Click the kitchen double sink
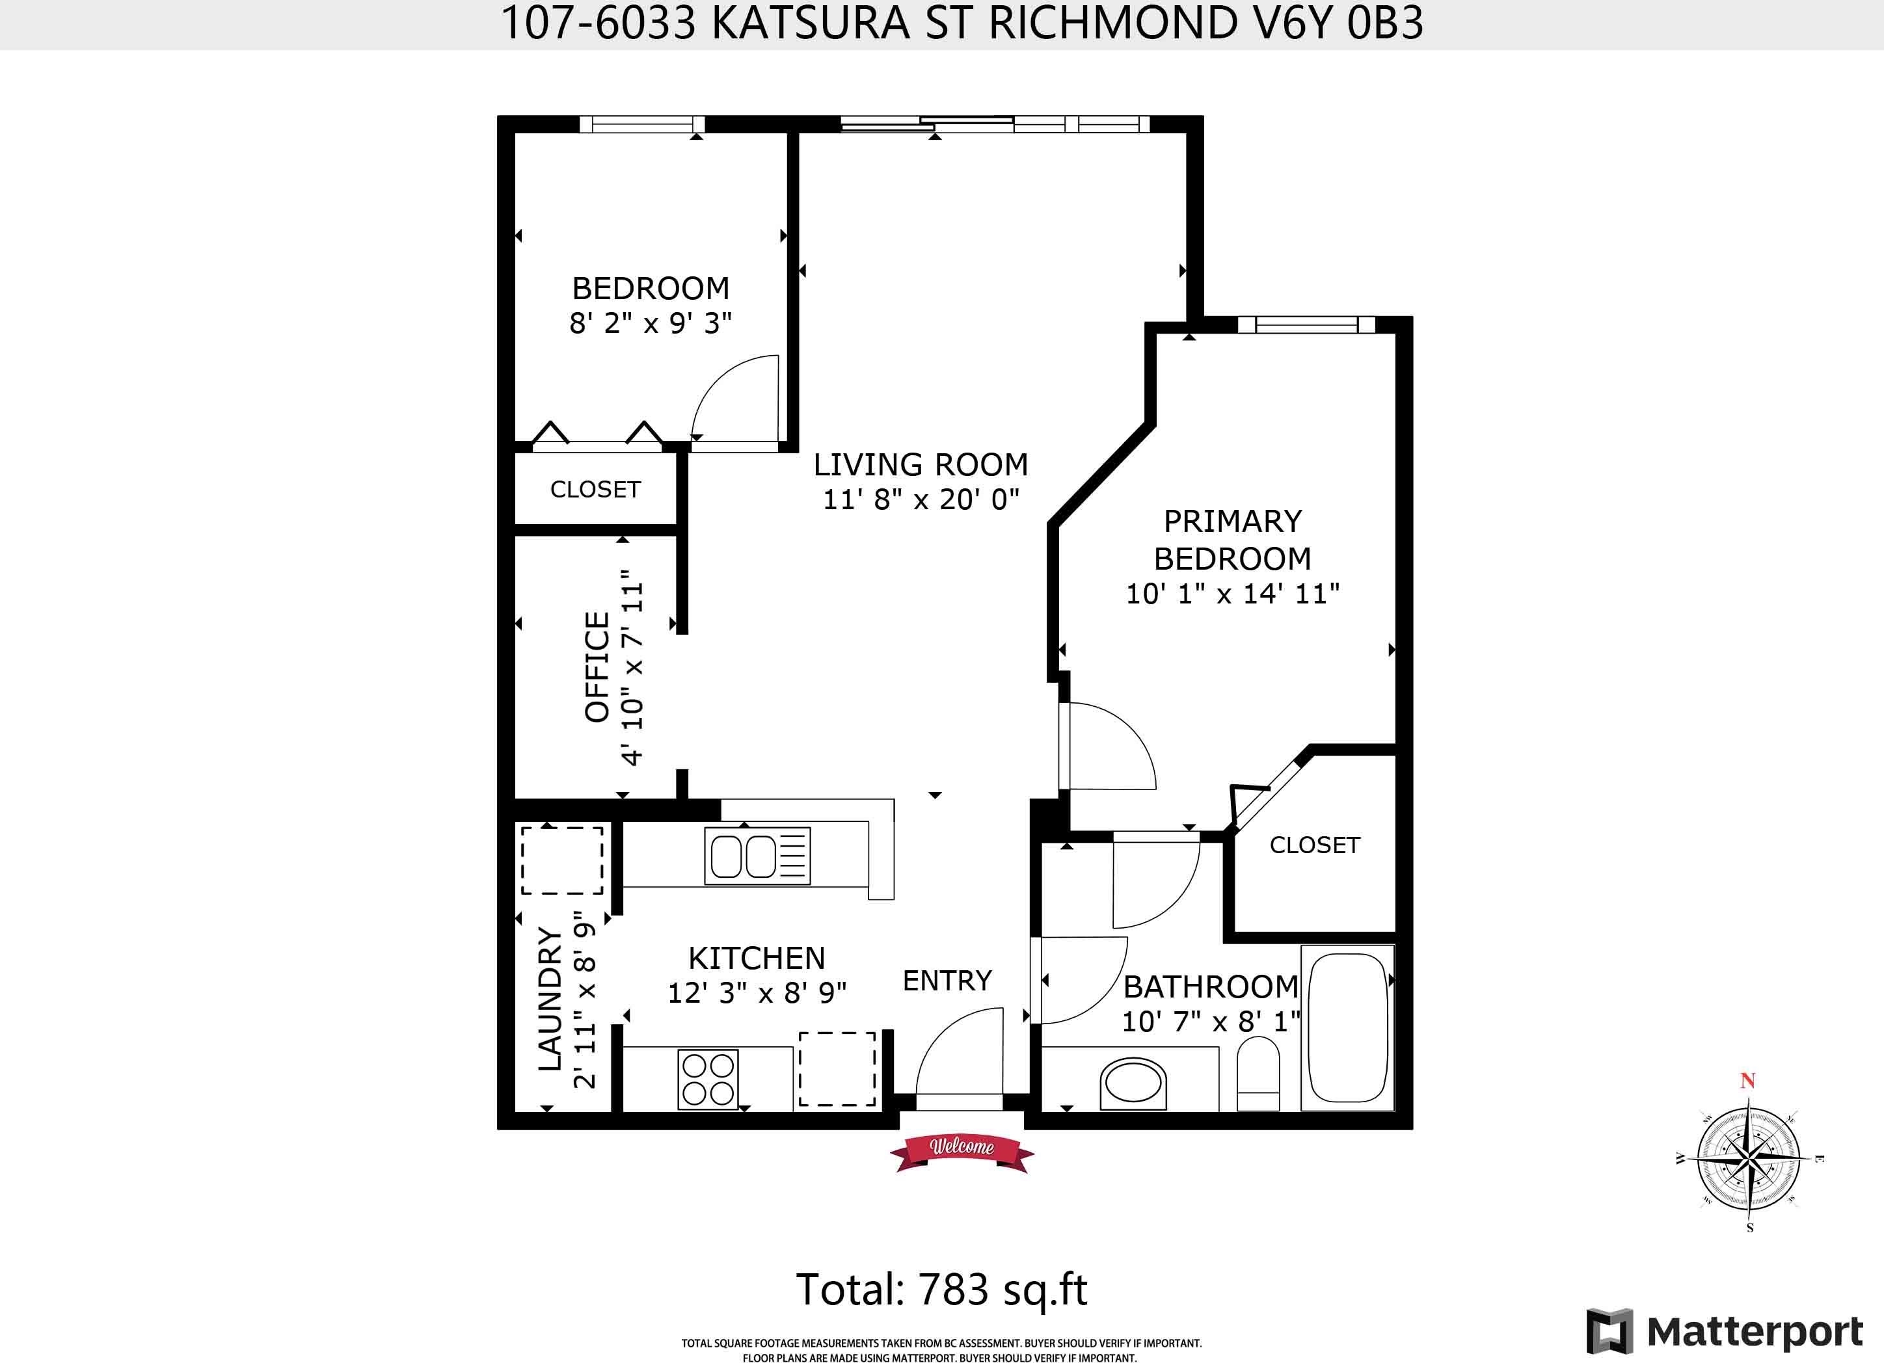pyautogui.click(x=757, y=856)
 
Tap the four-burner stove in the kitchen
pyautogui.click(x=708, y=1079)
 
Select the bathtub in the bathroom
pyautogui.click(x=1347, y=1027)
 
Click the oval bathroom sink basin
pyautogui.click(x=1133, y=1084)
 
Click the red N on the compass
pyautogui.click(x=1748, y=1081)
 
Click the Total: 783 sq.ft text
pyautogui.click(x=942, y=1290)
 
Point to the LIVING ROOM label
pyautogui.click(x=921, y=464)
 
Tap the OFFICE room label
pyautogui.click(x=597, y=667)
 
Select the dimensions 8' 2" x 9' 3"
pyautogui.click(x=651, y=323)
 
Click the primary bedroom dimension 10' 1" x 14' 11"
pyautogui.click(x=1233, y=594)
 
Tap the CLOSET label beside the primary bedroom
pyautogui.click(x=1315, y=845)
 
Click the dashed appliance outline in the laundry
pyautogui.click(x=562, y=860)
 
